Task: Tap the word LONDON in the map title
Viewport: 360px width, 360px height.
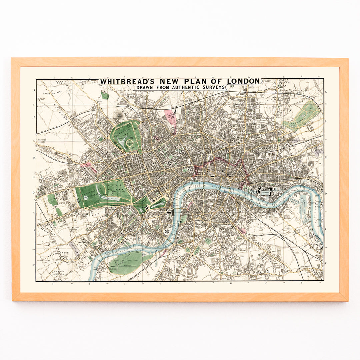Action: tap(243, 81)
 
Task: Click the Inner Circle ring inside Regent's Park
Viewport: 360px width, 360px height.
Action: tap(130, 144)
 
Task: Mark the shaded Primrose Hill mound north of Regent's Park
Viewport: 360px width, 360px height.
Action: tap(117, 115)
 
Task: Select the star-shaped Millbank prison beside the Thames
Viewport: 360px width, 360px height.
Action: tap(174, 231)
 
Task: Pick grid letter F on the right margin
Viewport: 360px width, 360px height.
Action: tap(326, 263)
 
